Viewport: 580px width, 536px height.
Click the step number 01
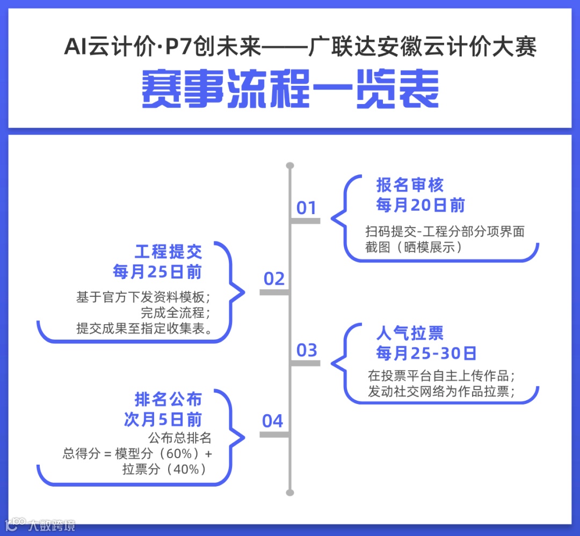(x=307, y=208)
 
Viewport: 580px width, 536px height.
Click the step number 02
(x=274, y=279)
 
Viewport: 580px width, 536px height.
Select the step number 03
(x=307, y=350)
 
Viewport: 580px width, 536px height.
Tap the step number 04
(x=273, y=421)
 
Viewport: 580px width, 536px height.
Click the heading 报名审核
(x=410, y=186)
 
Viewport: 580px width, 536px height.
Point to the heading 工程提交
(x=168, y=252)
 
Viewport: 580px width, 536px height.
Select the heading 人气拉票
(x=410, y=333)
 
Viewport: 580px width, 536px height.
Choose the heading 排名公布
(x=168, y=400)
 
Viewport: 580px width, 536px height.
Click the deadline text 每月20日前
(x=420, y=205)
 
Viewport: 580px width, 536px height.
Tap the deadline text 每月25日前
(x=157, y=271)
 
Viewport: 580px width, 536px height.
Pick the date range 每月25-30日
(x=426, y=353)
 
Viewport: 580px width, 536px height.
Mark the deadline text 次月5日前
(x=163, y=420)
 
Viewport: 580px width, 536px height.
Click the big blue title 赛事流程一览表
(x=290, y=89)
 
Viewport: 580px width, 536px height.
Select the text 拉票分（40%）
(x=164, y=468)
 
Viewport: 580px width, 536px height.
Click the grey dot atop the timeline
(x=290, y=165)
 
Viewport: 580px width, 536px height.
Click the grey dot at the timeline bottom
(x=290, y=492)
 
